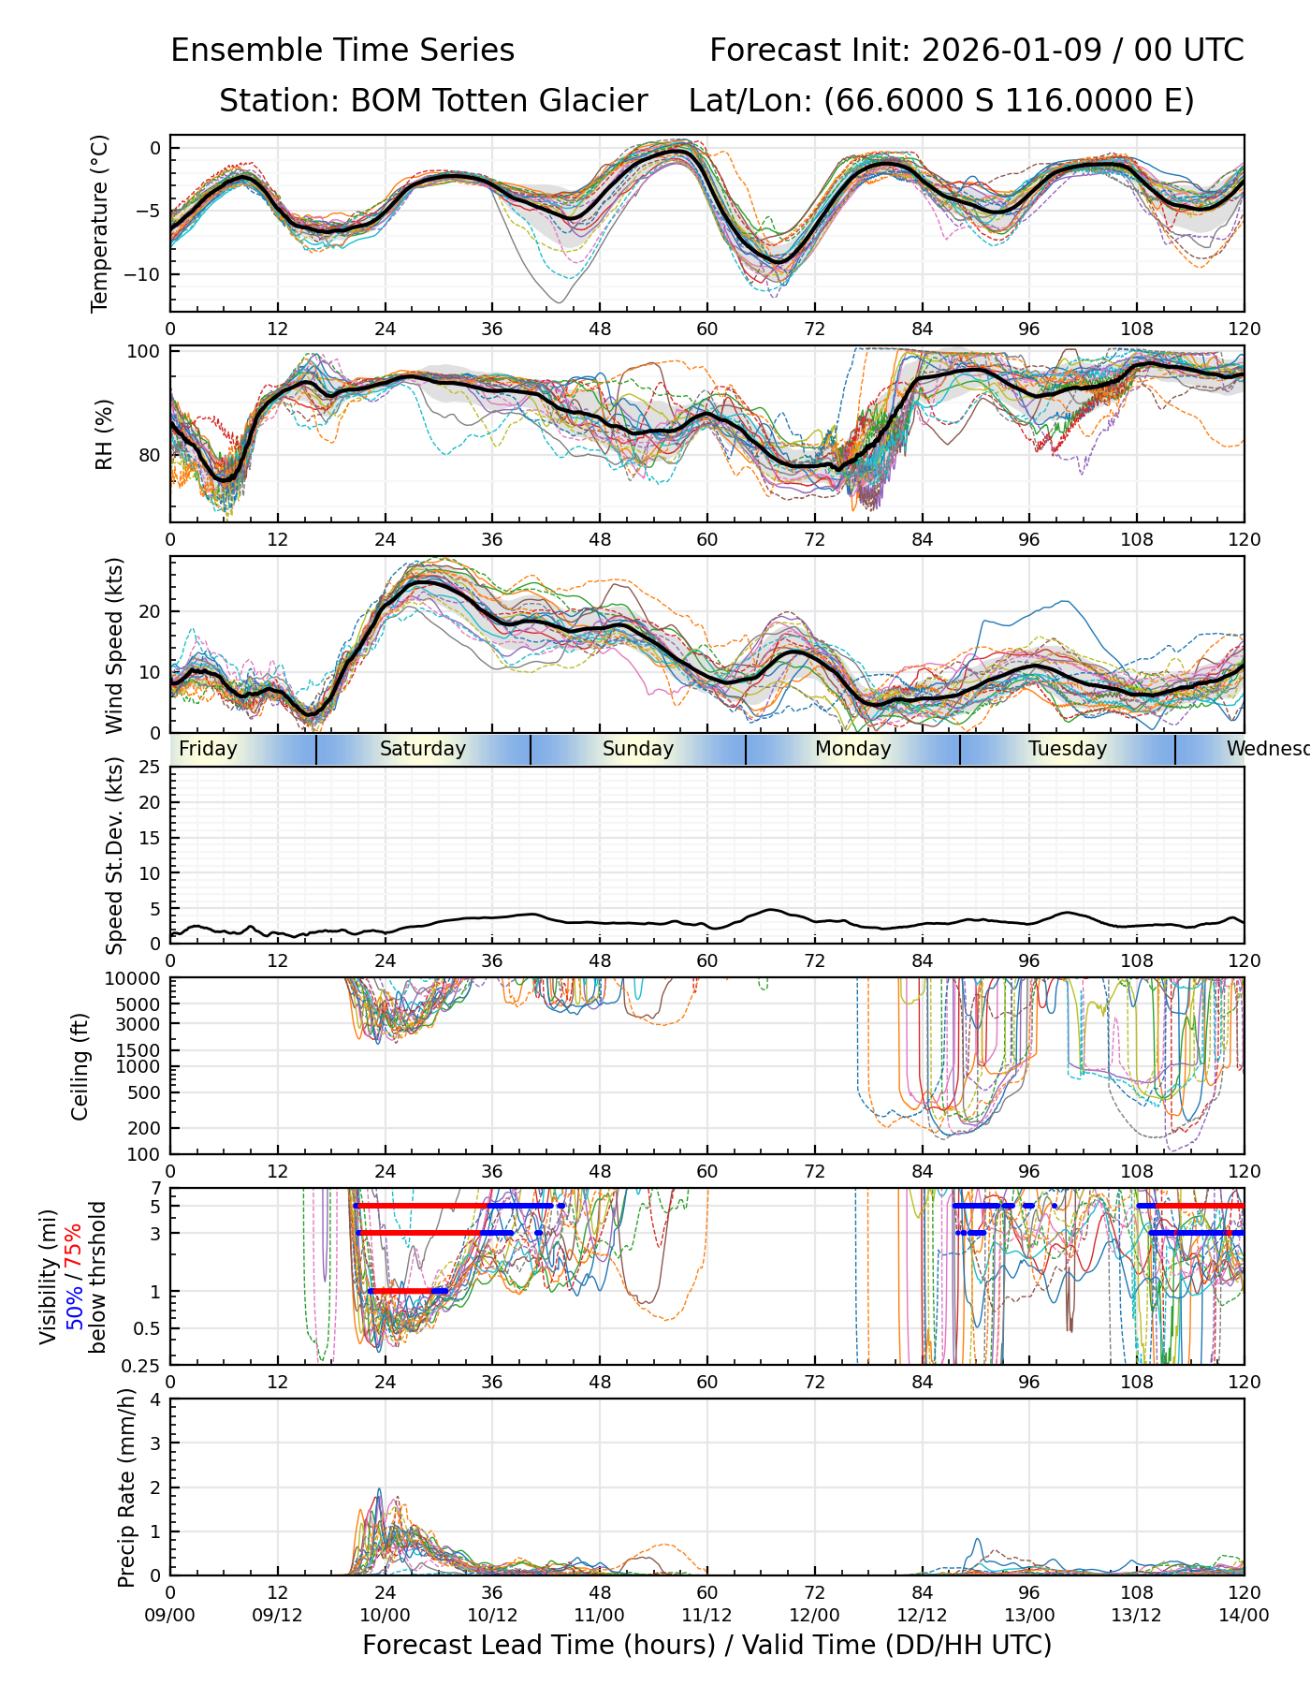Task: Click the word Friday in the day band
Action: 208,749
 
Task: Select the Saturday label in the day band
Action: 423,749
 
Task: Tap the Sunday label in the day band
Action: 638,749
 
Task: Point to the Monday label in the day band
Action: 852,749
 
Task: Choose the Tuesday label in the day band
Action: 1068,749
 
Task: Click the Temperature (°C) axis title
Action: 100,223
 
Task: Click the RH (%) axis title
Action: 104,434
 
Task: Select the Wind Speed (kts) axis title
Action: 114,645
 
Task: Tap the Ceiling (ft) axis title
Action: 80,1066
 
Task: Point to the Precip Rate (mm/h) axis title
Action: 126,1487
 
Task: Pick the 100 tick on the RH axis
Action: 143,352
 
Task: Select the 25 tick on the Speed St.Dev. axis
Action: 149,768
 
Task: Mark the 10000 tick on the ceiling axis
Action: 132,979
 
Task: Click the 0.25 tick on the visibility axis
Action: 142,1364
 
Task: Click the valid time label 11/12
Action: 706,1615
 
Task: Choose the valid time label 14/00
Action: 1244,1615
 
